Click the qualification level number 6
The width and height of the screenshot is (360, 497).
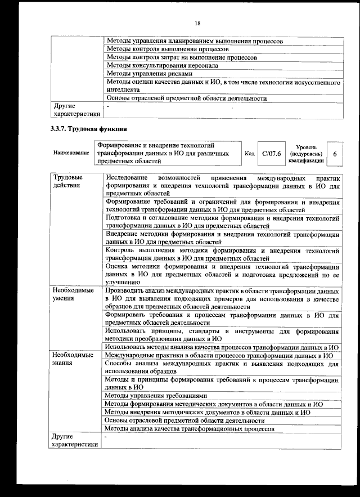[x=335, y=154]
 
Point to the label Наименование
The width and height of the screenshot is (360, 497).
[x=71, y=154]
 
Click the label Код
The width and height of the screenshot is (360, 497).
[x=250, y=154]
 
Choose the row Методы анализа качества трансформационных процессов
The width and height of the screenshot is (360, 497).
[x=190, y=428]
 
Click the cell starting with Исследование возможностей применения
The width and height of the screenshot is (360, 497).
[x=222, y=185]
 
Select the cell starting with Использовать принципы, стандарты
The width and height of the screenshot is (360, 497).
[x=222, y=335]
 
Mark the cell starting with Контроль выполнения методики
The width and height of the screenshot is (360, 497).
[x=222, y=254]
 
